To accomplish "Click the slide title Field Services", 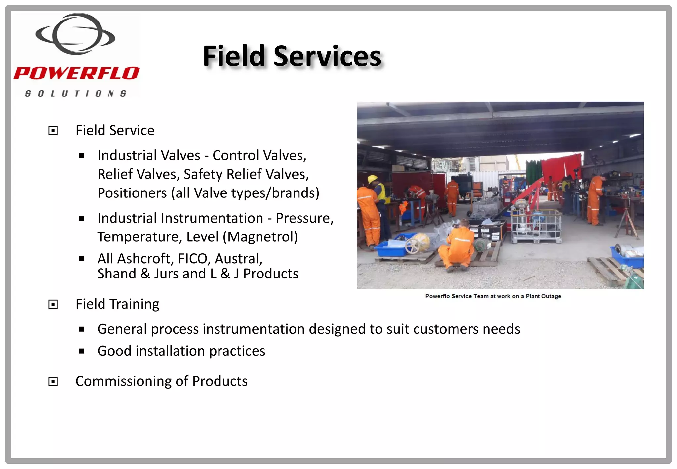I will point(292,56).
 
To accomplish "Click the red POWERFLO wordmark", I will point(76,73).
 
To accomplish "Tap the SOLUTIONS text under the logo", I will point(76,94).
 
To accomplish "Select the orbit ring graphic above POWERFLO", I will point(75,34).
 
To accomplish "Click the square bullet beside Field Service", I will point(53,131).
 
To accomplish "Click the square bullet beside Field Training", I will point(53,304).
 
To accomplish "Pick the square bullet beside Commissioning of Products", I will point(53,381).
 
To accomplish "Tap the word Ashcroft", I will point(143,259).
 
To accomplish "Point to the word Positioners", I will point(132,193).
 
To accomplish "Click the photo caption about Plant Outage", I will point(493,296).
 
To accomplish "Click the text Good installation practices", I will point(181,351).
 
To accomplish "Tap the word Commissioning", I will point(123,381).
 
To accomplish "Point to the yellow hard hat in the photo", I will point(373,179).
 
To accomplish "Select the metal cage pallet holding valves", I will point(536,226).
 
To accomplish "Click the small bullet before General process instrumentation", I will point(81,329).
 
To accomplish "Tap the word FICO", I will point(194,259).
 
